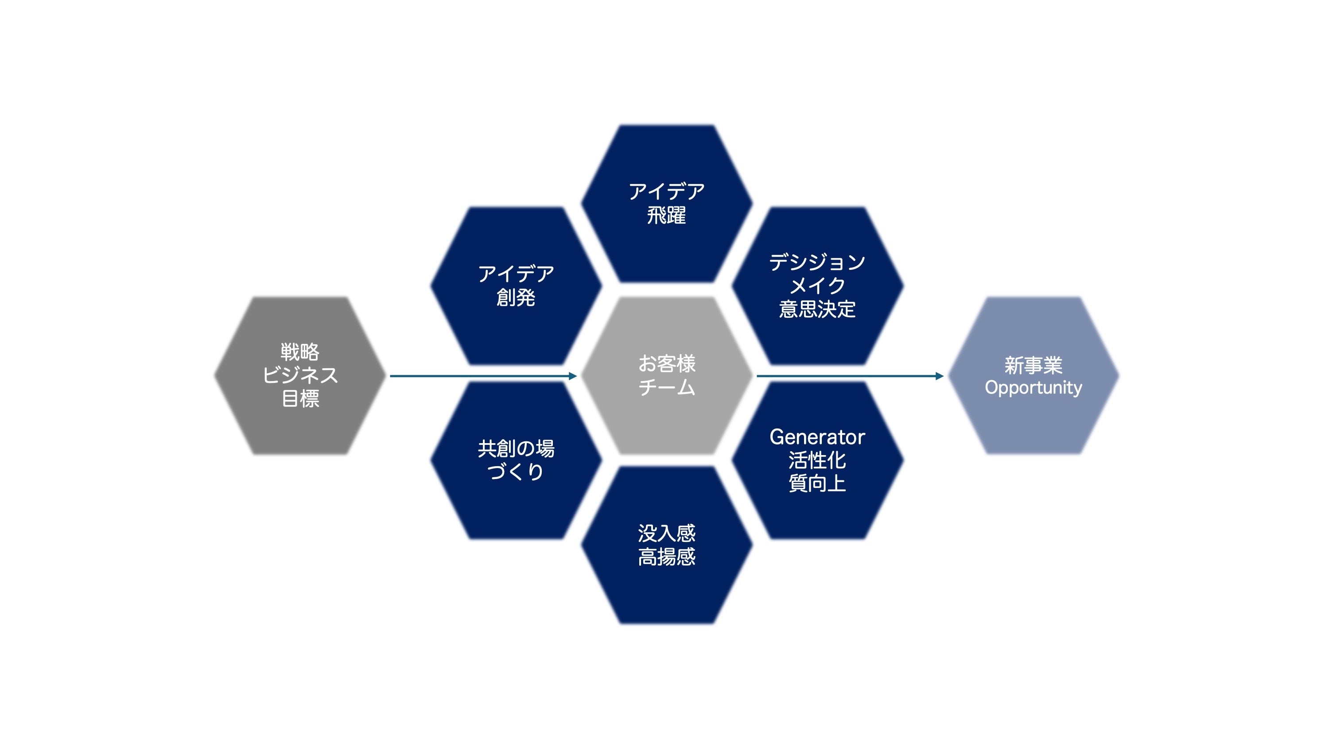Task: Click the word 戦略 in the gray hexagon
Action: pyautogui.click(x=300, y=352)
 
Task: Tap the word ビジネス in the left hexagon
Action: pyautogui.click(x=300, y=375)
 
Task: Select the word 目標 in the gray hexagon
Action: pyautogui.click(x=300, y=398)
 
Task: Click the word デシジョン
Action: pyautogui.click(x=817, y=262)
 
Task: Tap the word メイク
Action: pyautogui.click(x=817, y=285)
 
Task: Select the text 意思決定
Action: pyautogui.click(x=817, y=309)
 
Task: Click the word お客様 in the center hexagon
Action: pyautogui.click(x=667, y=364)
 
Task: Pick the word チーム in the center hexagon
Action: pyautogui.click(x=667, y=387)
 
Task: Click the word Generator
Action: pyautogui.click(x=817, y=437)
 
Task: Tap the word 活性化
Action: pyautogui.click(x=817, y=460)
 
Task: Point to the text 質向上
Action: pyautogui.click(x=817, y=483)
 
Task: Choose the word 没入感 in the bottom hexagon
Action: pyautogui.click(x=667, y=533)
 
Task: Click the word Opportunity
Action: pyautogui.click(x=1033, y=388)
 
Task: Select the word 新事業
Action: pyautogui.click(x=1033, y=366)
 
